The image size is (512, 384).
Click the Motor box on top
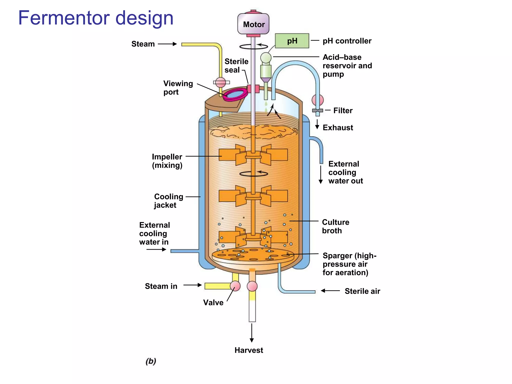pos(253,24)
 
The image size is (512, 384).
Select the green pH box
pos(292,41)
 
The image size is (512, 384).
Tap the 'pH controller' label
pos(347,41)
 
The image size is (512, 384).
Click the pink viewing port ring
pos(235,94)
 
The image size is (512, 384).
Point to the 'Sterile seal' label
pos(236,65)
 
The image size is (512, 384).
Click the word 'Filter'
pos(343,110)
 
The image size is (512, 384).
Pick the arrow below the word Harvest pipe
pos(252,333)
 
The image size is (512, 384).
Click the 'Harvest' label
pos(249,350)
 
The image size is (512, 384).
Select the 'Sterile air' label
pos(362,291)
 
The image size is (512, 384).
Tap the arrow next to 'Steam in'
pos(192,285)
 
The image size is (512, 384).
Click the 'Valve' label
pos(213,302)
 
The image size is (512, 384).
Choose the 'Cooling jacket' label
pos(168,201)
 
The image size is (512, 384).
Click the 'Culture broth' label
pos(335,226)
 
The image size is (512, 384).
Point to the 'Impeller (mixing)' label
pos(167,161)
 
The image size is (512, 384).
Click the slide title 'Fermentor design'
pos(96,18)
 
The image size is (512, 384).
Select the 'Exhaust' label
pos(338,127)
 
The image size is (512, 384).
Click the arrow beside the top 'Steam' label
pos(167,44)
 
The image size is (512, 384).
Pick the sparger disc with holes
pos(252,255)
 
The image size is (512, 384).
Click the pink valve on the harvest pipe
pos(252,286)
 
